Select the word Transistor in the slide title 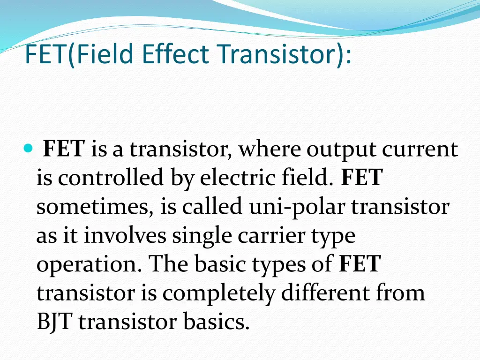(x=279, y=54)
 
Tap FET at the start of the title (x=45, y=54)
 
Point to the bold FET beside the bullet (x=64, y=150)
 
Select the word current (x=420, y=150)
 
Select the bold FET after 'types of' (x=360, y=265)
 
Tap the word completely (x=219, y=293)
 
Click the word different (x=327, y=293)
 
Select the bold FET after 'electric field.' (x=362, y=179)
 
